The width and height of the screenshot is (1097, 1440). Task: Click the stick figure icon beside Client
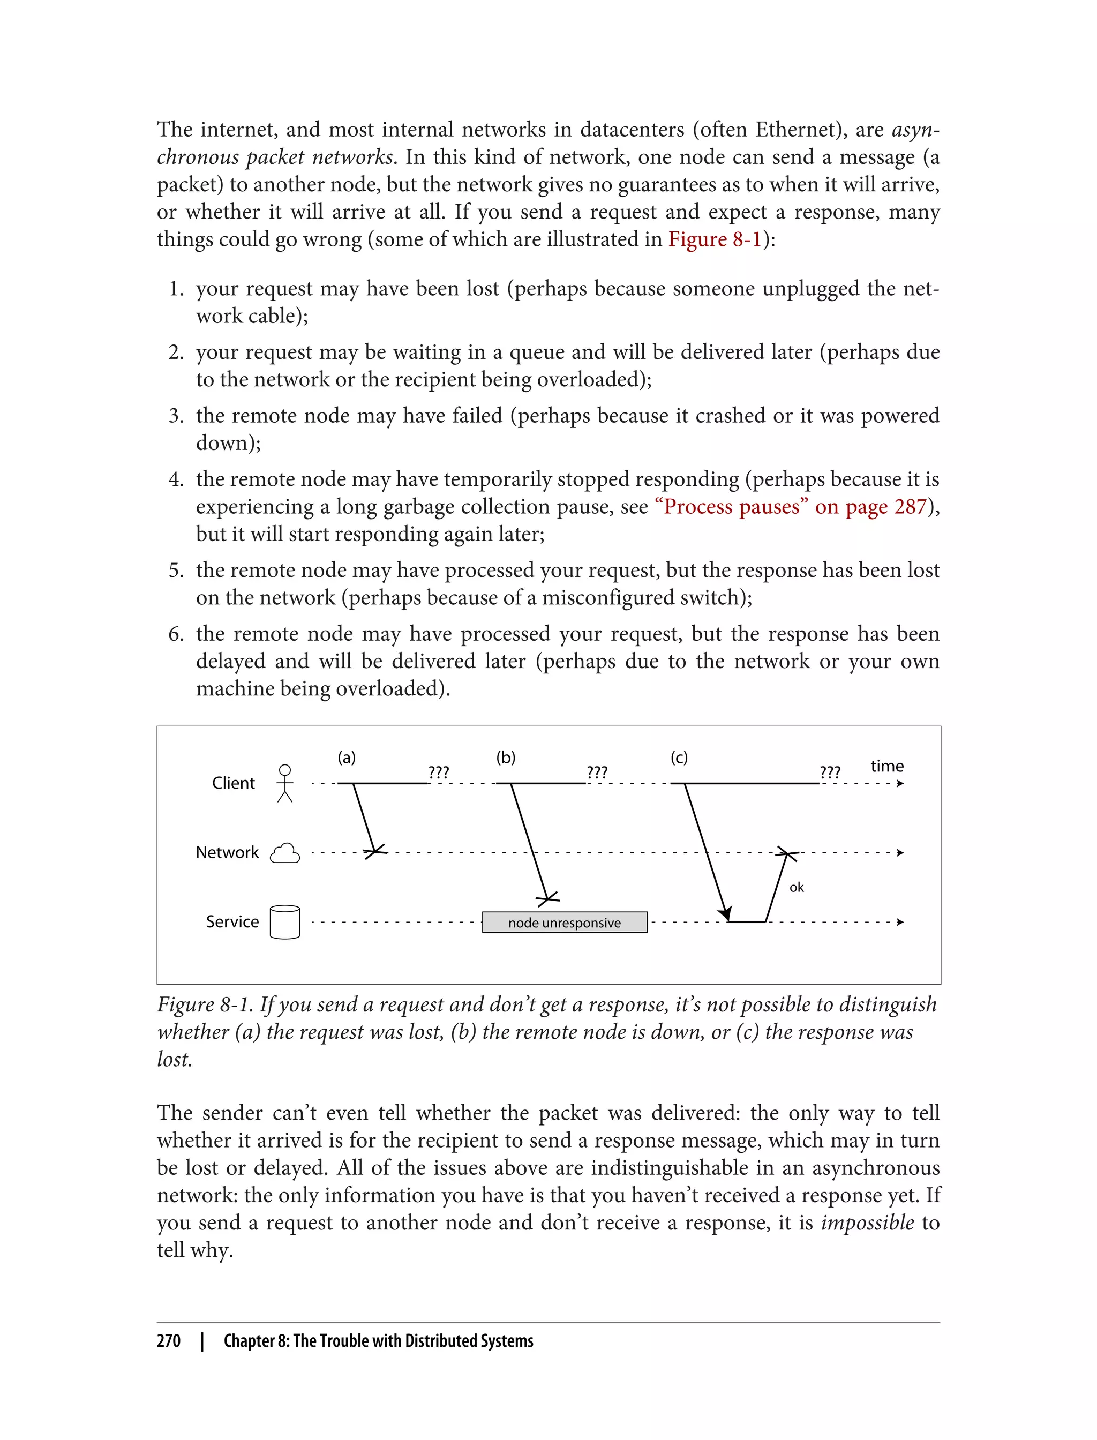point(285,783)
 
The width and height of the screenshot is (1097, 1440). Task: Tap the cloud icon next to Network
point(285,853)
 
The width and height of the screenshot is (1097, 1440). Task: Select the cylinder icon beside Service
point(285,922)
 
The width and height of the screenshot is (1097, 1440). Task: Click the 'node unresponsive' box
point(564,922)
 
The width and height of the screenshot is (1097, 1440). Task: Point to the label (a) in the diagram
point(346,757)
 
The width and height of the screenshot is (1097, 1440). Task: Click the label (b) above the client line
point(506,757)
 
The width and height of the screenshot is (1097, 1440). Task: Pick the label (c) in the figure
point(679,757)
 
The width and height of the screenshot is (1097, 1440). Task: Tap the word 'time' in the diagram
point(886,766)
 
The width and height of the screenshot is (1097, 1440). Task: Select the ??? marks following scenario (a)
point(438,772)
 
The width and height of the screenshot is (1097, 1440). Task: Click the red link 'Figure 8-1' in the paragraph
point(715,239)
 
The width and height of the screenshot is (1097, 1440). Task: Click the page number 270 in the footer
point(169,1341)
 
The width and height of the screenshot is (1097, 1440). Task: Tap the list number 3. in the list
point(176,416)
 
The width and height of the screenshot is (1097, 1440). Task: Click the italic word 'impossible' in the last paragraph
point(867,1222)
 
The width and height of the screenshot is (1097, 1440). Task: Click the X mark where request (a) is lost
point(375,851)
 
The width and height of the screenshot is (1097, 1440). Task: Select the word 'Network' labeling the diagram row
point(227,852)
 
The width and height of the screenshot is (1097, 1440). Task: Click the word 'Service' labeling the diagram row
point(232,921)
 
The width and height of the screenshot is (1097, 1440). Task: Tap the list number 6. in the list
point(176,634)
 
